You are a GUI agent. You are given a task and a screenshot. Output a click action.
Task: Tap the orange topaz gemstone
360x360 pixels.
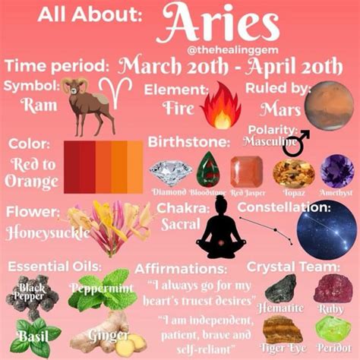coord(292,172)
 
